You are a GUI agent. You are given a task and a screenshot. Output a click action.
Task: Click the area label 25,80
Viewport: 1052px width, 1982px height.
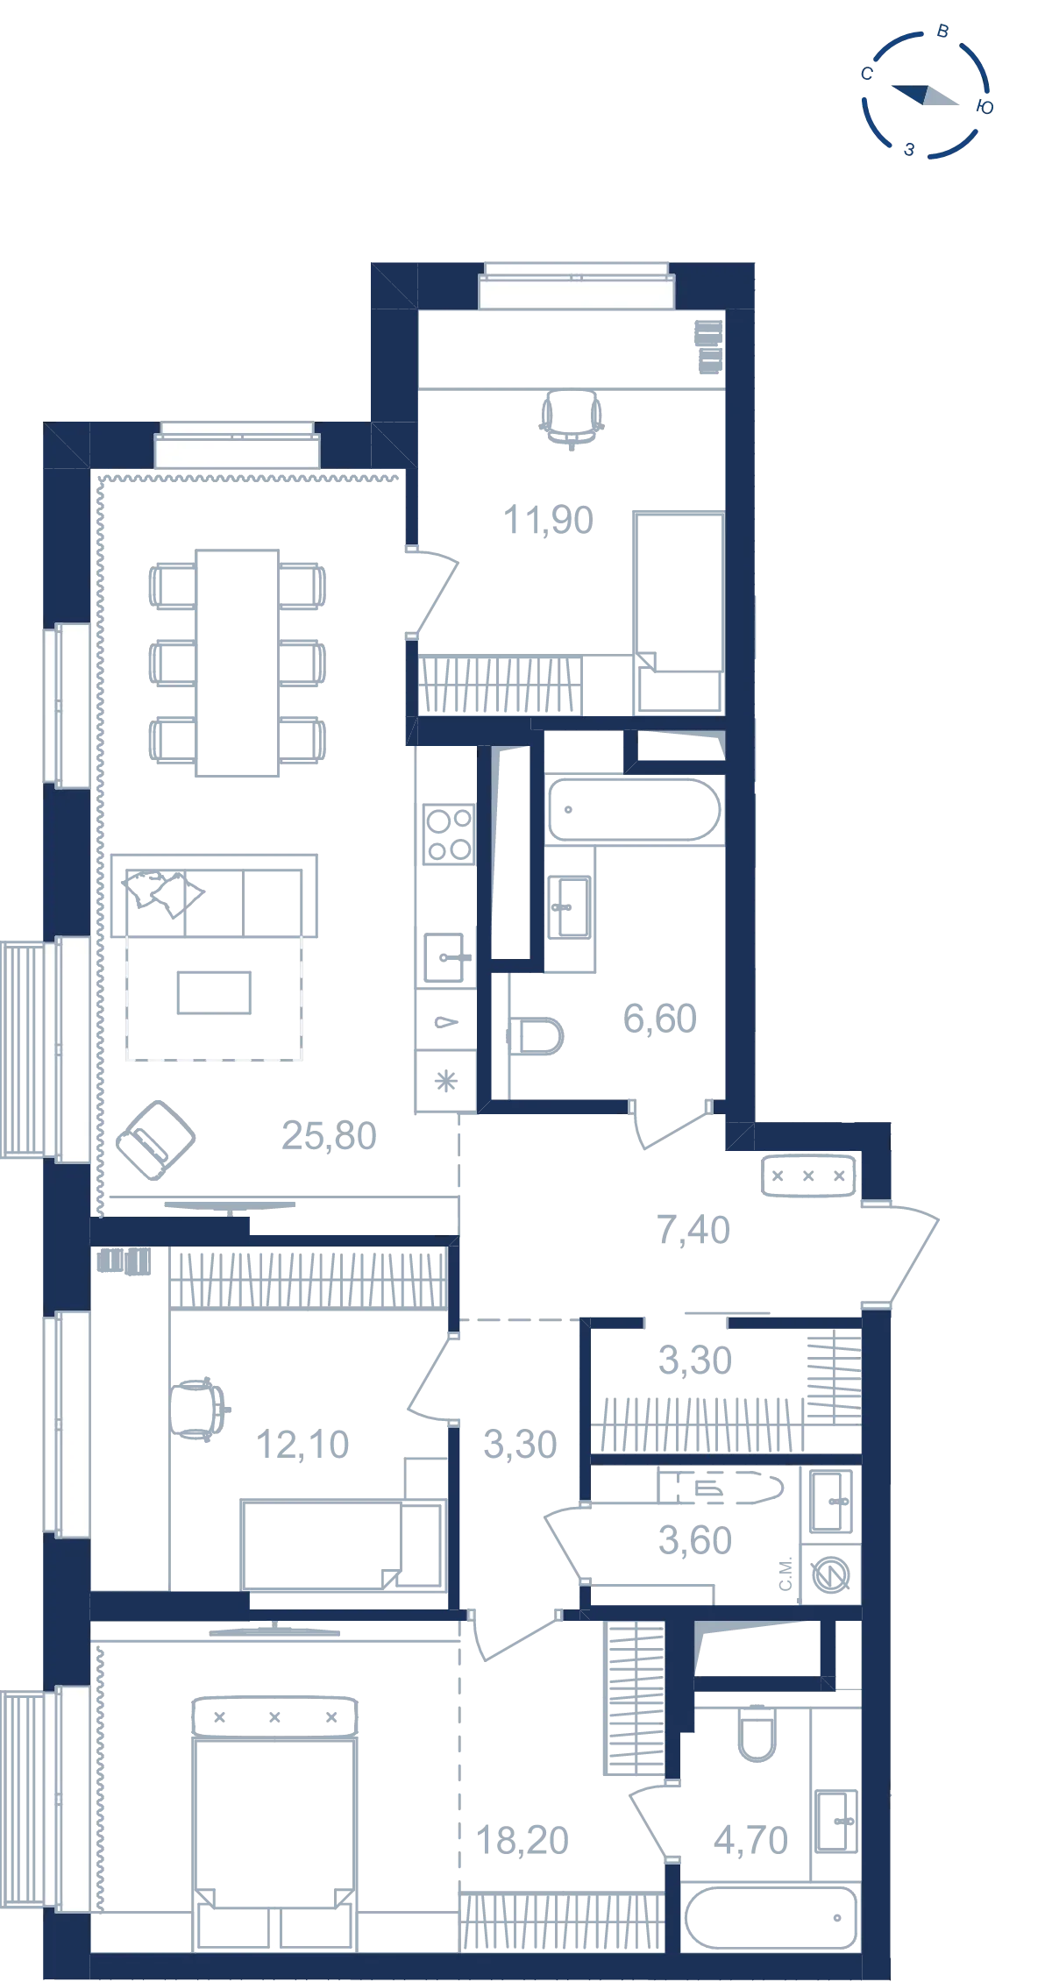pyautogui.click(x=329, y=1136)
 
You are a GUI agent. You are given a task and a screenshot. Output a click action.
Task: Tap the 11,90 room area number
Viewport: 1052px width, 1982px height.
pyautogui.click(x=548, y=520)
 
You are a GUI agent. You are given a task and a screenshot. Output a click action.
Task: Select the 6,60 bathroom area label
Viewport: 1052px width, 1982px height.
pyautogui.click(x=660, y=1019)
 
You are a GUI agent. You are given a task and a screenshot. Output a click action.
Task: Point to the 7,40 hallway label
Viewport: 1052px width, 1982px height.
pyautogui.click(x=693, y=1230)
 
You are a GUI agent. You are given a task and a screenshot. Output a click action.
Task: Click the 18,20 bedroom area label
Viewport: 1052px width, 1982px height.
pyautogui.click(x=522, y=1841)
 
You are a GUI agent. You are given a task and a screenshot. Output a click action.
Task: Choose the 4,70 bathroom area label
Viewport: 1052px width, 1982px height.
pyautogui.click(x=751, y=1840)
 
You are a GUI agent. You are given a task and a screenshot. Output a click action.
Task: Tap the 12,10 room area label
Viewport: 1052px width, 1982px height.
pyautogui.click(x=302, y=1445)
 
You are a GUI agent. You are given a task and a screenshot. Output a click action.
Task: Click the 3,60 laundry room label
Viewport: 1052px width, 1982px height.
pyautogui.click(x=695, y=1540)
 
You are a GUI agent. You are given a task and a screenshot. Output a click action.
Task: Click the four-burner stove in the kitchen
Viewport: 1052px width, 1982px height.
pyautogui.click(x=449, y=834)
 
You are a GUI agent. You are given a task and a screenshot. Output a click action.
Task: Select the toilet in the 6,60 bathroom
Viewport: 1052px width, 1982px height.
pyautogui.click(x=536, y=1036)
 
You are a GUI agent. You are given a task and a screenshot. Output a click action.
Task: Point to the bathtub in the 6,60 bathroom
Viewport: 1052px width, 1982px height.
pyautogui.click(x=635, y=809)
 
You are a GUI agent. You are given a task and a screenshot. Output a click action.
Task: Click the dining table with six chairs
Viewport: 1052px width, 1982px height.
pyautogui.click(x=238, y=663)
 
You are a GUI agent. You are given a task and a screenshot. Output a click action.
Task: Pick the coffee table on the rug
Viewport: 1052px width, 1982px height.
pyautogui.click(x=214, y=992)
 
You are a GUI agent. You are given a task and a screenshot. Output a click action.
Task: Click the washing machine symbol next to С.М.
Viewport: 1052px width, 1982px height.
pyautogui.click(x=830, y=1575)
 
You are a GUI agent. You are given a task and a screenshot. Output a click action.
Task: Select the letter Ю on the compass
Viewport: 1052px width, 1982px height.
pyautogui.click(x=984, y=107)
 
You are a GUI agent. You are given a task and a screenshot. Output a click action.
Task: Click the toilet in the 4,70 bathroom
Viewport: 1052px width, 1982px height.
pyautogui.click(x=757, y=1732)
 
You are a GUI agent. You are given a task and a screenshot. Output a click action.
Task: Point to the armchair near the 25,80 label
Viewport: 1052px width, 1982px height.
pyautogui.click(x=156, y=1140)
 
